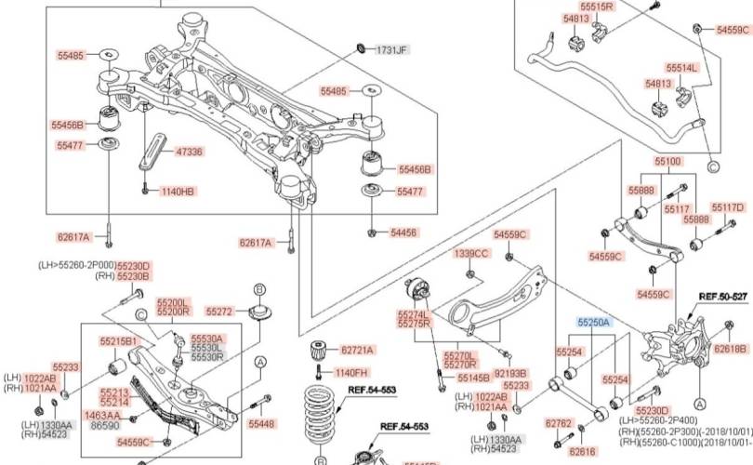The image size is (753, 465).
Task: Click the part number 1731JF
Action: (391, 49)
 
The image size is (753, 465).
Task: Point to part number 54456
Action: (403, 232)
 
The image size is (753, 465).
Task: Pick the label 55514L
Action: (680, 68)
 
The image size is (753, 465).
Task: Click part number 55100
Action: (667, 161)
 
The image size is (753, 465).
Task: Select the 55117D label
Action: (728, 206)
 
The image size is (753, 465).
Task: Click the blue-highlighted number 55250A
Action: (593, 322)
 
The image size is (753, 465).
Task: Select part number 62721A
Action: (357, 350)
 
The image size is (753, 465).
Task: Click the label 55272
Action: (219, 311)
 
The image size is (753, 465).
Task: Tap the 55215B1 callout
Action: (119, 341)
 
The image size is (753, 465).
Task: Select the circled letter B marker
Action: (260, 289)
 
